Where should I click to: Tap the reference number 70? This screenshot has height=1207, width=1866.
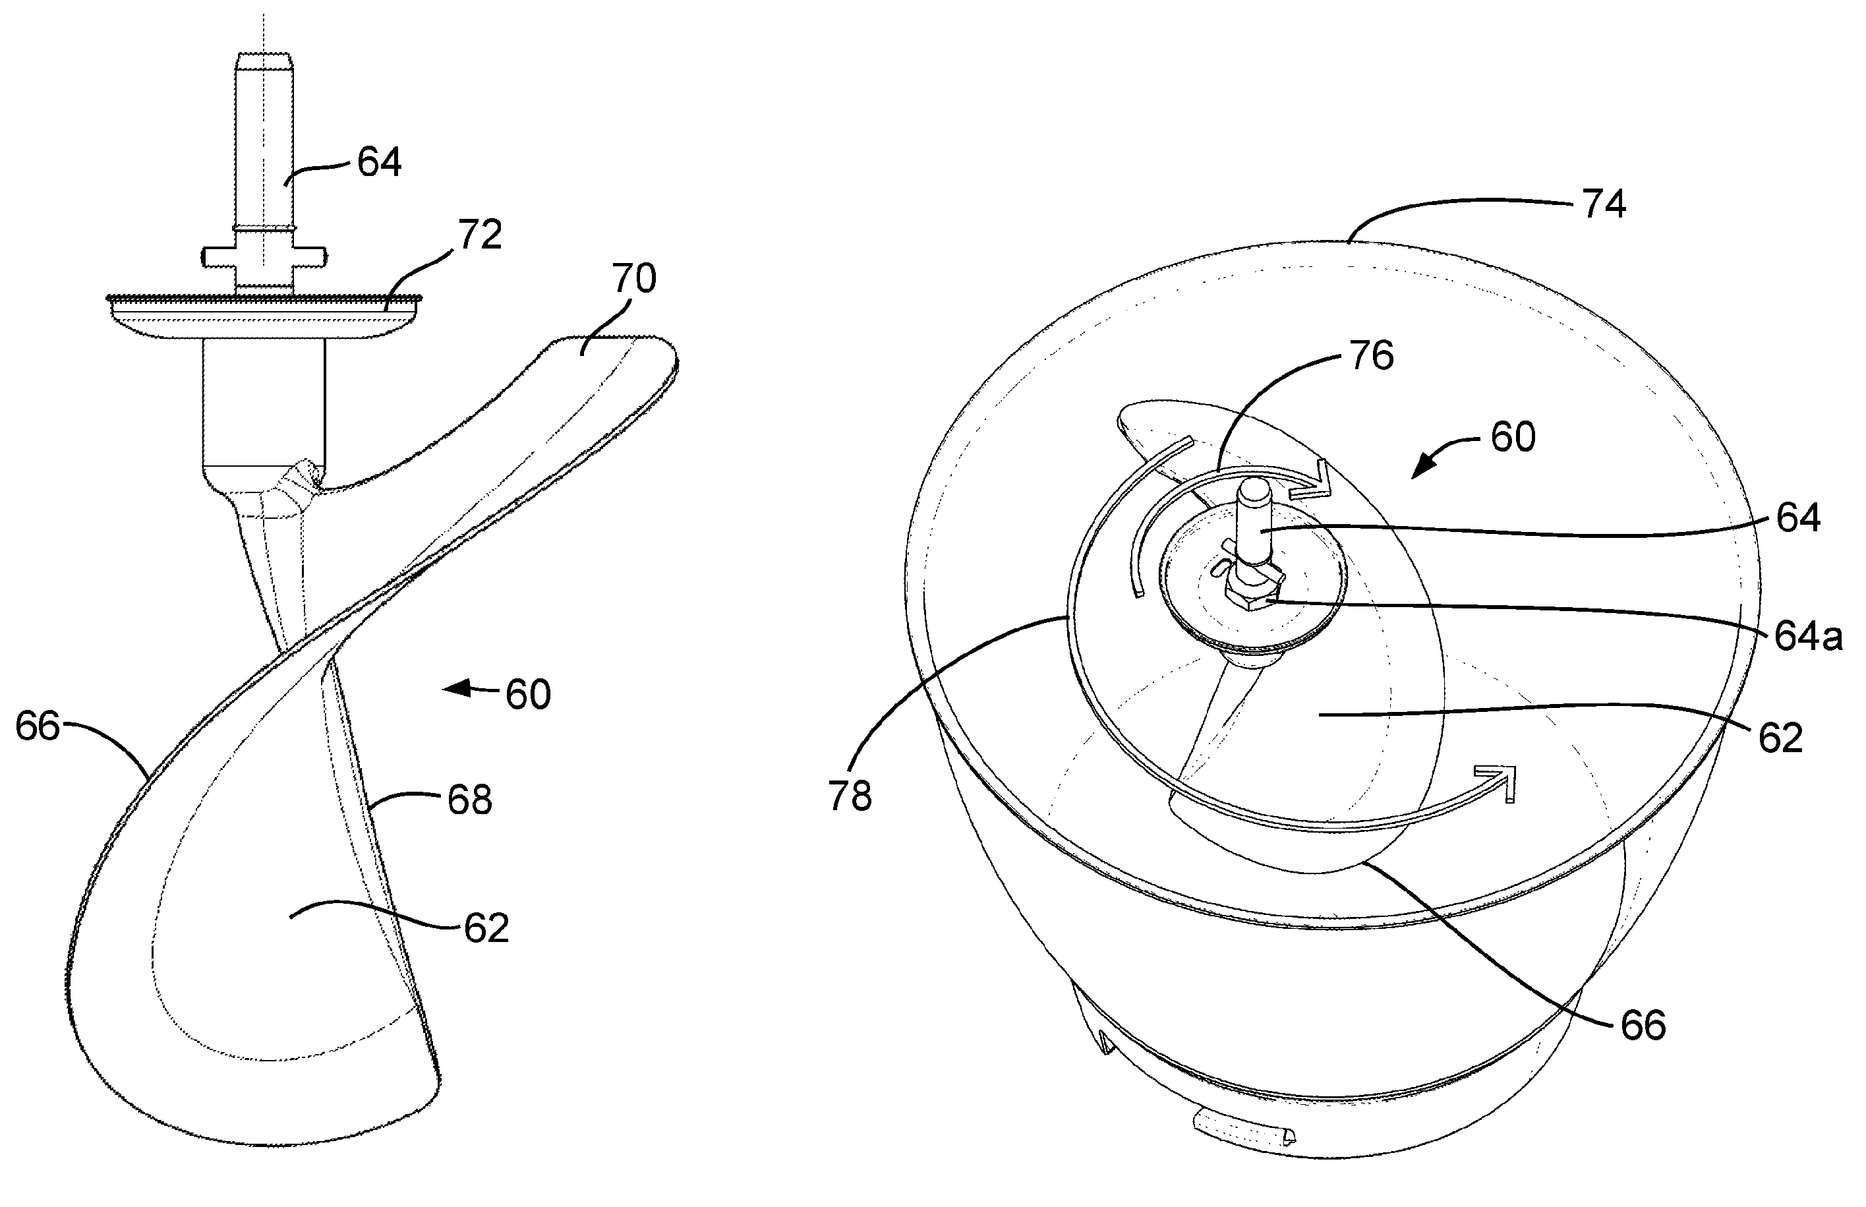[x=634, y=278]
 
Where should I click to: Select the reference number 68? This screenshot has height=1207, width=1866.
[x=469, y=800]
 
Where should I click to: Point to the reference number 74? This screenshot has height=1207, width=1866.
[x=1604, y=204]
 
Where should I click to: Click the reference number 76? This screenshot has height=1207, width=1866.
[x=1371, y=356]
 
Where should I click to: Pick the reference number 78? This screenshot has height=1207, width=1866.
[x=850, y=796]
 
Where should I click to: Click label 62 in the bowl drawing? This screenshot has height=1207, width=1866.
[x=1780, y=738]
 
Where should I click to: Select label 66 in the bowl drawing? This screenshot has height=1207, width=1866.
[x=1643, y=1025]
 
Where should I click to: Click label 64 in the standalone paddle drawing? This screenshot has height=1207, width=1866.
[x=379, y=162]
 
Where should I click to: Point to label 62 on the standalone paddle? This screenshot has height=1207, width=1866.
[x=486, y=929]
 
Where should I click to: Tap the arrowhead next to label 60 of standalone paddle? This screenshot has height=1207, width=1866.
[x=456, y=688]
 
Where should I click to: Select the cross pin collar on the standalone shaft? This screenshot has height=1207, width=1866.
[x=264, y=256]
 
